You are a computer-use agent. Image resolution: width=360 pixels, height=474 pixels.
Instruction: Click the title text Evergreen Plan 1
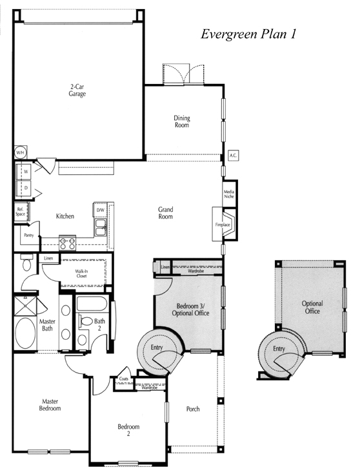248,34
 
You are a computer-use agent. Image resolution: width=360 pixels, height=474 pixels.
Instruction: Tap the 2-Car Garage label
77,90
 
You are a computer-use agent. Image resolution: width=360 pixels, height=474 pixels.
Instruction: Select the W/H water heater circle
20,152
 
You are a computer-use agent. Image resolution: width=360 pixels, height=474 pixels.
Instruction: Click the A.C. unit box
233,156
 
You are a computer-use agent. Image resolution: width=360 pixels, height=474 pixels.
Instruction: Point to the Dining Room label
182,121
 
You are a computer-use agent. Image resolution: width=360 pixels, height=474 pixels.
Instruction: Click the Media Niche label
229,194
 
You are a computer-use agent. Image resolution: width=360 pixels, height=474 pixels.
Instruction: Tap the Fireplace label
223,225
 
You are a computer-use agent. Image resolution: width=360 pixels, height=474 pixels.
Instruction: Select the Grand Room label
166,213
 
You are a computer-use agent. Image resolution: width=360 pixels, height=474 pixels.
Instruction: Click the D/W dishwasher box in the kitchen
100,210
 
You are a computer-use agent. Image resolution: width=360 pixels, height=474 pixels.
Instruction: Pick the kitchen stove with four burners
67,243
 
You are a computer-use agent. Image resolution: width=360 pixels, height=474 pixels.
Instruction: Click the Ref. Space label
20,212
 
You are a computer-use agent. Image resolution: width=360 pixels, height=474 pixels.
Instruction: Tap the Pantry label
29,235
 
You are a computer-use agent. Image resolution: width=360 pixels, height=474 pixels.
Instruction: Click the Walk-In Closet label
81,274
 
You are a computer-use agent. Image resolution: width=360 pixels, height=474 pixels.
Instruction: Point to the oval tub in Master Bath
25,333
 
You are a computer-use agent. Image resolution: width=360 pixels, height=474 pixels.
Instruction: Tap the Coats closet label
123,378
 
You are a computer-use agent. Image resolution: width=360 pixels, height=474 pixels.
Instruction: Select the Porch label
193,409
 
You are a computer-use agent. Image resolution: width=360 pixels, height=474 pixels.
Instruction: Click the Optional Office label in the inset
312,307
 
